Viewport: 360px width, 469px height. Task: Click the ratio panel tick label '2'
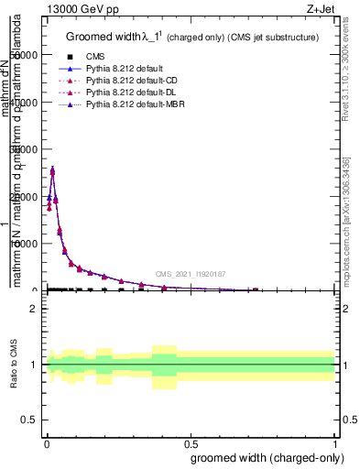click(x=34, y=309)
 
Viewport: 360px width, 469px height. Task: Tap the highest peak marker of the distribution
click(x=52, y=171)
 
